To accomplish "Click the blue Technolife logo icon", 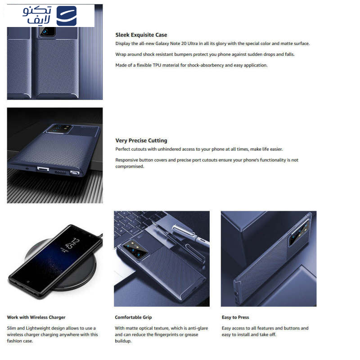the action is (x=66, y=16).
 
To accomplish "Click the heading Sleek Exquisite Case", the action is (x=141, y=35).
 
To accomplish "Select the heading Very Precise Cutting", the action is (x=141, y=140).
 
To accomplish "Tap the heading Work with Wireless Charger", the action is (x=36, y=317).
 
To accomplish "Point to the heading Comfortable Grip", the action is (x=133, y=317).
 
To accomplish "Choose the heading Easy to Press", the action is (x=235, y=317).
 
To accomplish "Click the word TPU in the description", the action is (x=157, y=65).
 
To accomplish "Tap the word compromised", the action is (x=130, y=166).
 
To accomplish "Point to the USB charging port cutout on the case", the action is (x=43, y=170).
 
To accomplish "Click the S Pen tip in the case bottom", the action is (x=75, y=173).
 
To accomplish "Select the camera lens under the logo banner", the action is (x=45, y=31).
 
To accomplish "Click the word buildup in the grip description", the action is (x=122, y=341).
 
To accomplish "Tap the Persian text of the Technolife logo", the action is (x=37, y=15).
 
